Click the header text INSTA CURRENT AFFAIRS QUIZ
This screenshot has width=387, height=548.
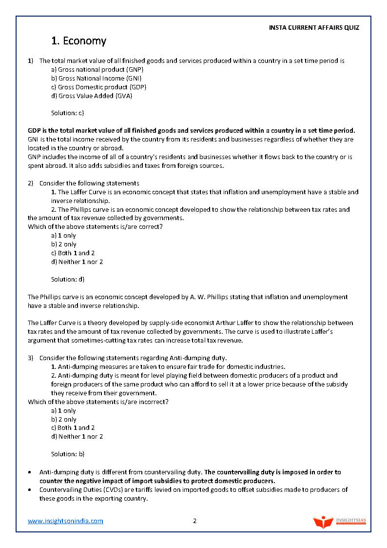[314, 28]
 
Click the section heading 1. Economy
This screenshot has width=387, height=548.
[78, 41]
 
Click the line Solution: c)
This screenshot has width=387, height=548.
[68, 113]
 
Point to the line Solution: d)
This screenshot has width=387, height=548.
[68, 280]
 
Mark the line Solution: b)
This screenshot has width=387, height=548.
[68, 454]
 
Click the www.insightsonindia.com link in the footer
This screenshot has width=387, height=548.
[65, 521]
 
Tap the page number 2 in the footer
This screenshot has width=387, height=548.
[194, 521]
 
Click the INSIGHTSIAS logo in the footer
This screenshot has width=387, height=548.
[339, 521]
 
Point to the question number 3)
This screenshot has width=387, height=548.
[31, 358]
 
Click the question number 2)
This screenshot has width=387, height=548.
[31, 183]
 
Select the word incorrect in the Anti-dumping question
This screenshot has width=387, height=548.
[151, 402]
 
